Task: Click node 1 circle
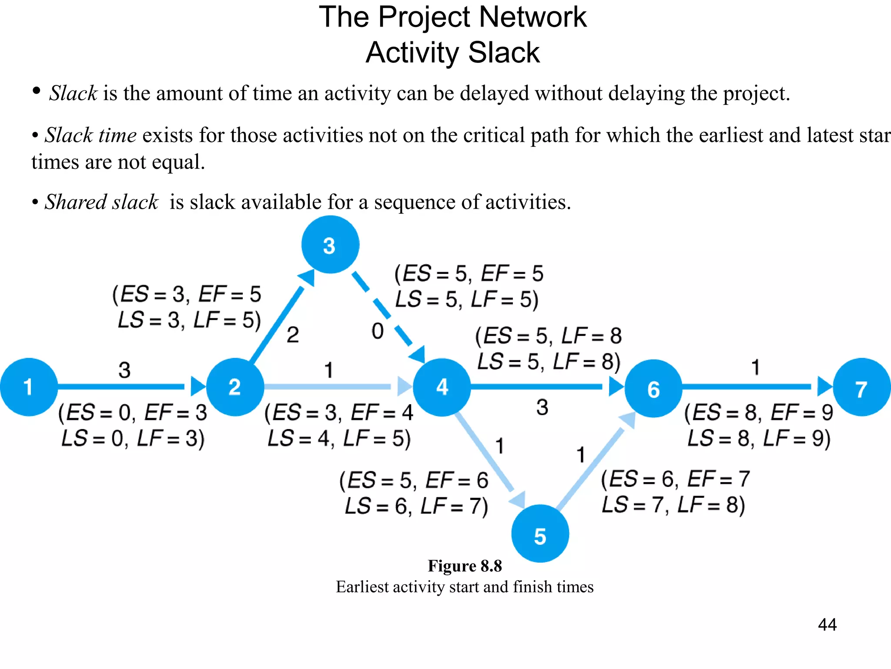(29, 387)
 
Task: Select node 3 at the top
(330, 245)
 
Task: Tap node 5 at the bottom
(540, 534)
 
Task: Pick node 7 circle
(861, 387)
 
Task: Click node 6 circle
(653, 388)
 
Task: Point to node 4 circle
(442, 387)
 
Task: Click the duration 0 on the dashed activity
(377, 331)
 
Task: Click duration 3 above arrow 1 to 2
(124, 370)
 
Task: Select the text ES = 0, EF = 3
(133, 412)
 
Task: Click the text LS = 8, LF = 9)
(759, 438)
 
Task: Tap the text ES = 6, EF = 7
(675, 479)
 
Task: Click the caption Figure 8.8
(465, 566)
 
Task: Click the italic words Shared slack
(101, 202)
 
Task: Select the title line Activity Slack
(452, 53)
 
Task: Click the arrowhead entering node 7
(824, 386)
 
